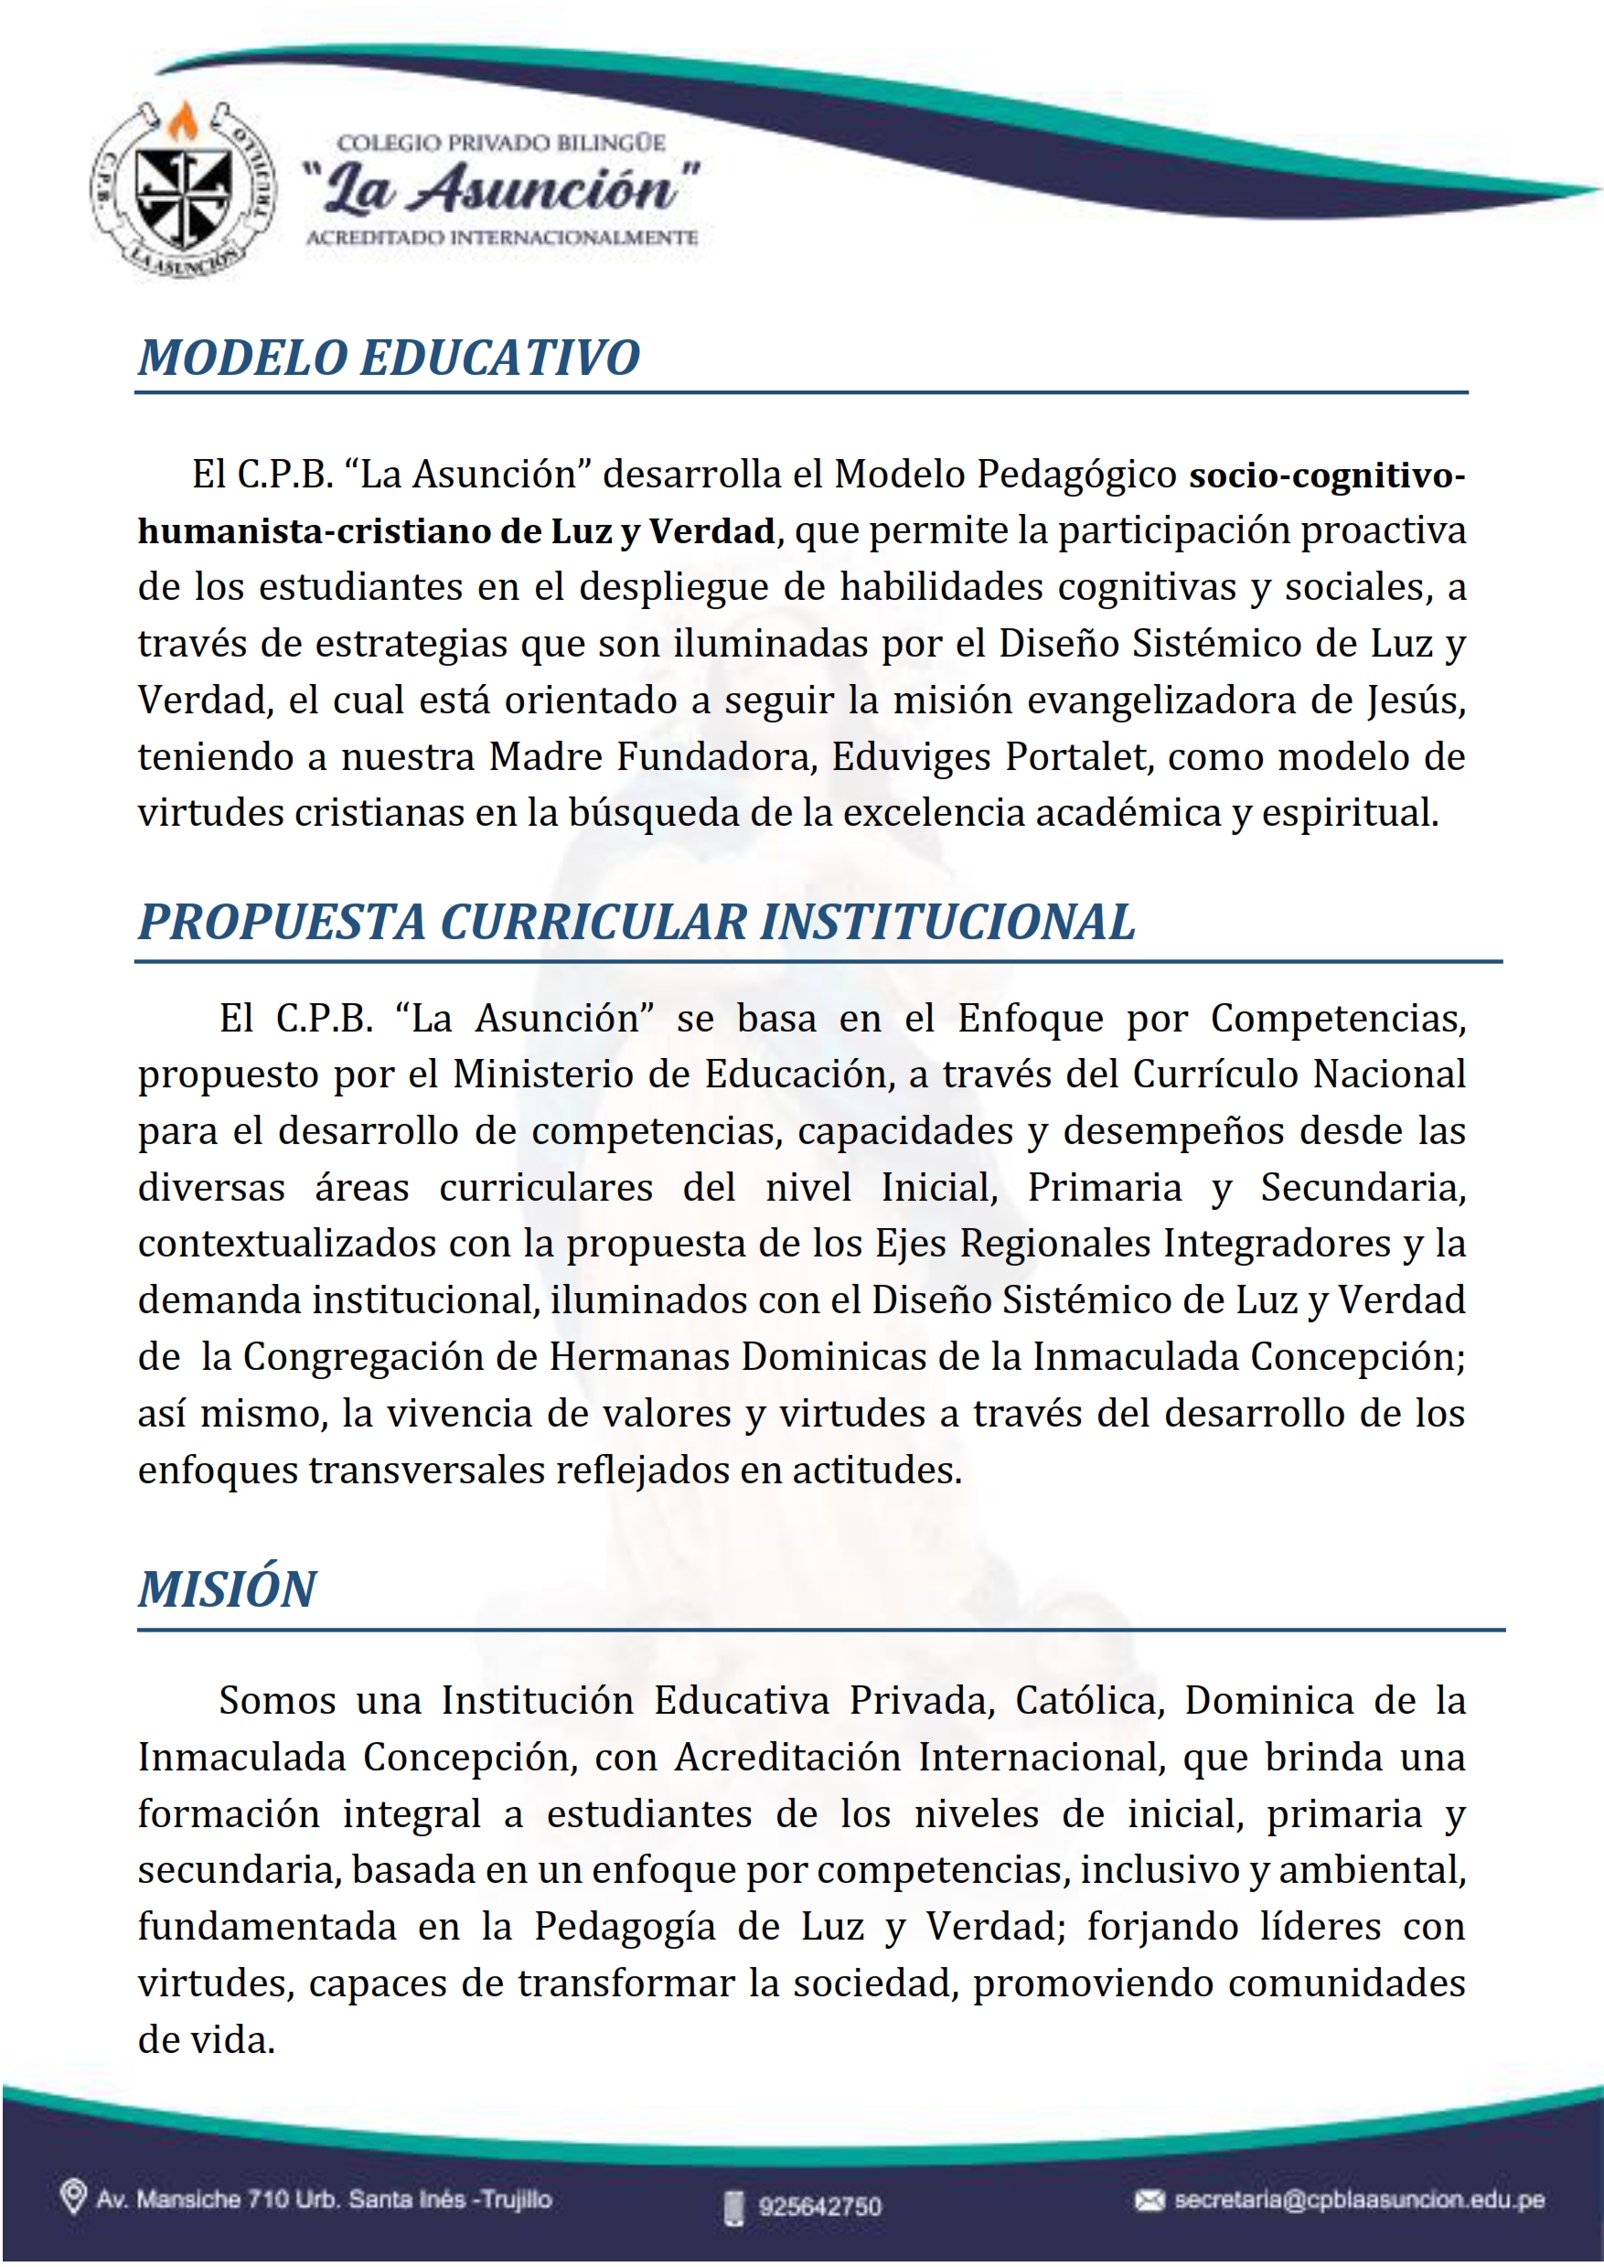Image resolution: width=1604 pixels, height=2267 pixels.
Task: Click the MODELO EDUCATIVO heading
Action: point(388,358)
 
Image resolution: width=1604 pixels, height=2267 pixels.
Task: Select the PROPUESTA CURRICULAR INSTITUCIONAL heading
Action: point(636,922)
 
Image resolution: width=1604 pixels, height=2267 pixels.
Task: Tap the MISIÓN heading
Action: point(226,1589)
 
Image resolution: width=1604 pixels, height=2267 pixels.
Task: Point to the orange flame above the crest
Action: point(182,123)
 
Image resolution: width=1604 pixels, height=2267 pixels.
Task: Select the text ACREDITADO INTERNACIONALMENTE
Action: point(502,238)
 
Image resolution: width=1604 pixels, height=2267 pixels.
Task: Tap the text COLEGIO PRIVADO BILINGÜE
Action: point(502,144)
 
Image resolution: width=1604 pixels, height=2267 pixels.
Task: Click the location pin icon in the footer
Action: point(72,2197)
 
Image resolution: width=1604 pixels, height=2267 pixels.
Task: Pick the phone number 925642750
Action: point(818,2206)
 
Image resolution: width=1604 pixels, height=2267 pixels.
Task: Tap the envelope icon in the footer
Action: point(1149,2200)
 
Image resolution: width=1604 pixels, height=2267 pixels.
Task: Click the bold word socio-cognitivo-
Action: point(1327,476)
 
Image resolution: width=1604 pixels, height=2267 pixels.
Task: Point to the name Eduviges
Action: point(910,757)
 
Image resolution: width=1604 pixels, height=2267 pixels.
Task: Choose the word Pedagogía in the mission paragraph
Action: point(625,1927)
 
